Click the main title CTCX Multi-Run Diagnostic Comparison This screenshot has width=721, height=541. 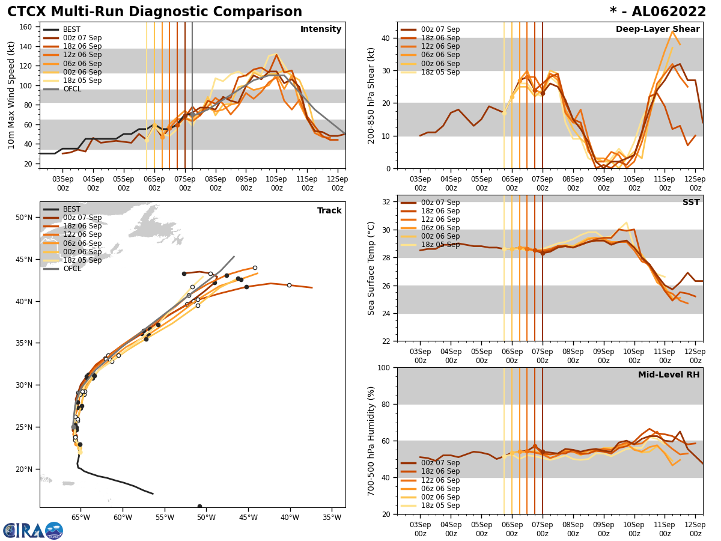click(154, 12)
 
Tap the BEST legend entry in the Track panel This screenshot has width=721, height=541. click(71, 209)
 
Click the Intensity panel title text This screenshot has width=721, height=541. click(321, 29)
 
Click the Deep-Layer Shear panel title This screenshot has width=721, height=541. click(657, 29)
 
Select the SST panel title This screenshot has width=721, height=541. click(691, 203)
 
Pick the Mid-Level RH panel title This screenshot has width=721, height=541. click(669, 375)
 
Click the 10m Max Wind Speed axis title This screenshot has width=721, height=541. click(11, 95)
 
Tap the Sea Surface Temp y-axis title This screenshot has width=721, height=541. click(371, 268)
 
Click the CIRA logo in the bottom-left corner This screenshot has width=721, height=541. click(33, 530)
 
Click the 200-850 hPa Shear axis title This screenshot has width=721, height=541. click(371, 95)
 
